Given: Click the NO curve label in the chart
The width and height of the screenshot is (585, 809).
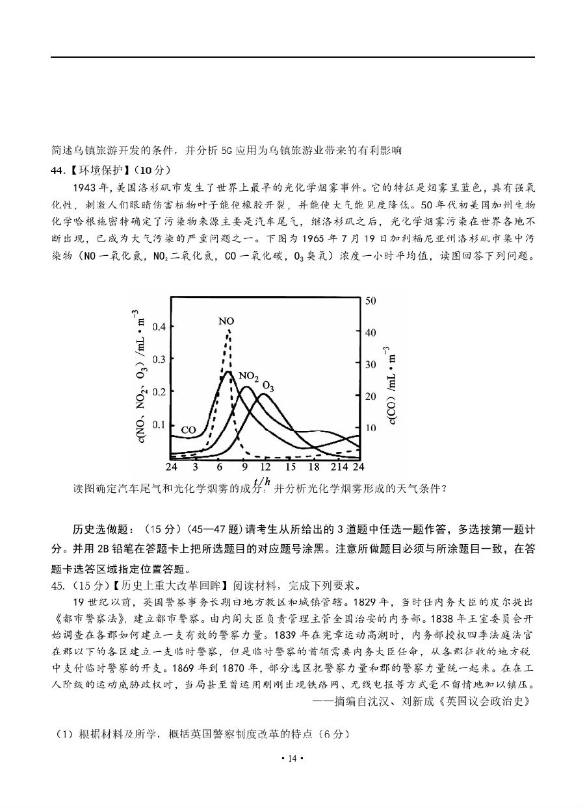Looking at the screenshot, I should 226,321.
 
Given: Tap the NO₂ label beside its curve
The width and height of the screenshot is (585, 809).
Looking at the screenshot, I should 248,376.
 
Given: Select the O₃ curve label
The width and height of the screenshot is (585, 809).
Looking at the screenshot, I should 268,386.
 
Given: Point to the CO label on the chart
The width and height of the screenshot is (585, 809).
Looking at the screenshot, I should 188,430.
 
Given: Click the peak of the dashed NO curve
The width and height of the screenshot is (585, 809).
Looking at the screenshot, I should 228,330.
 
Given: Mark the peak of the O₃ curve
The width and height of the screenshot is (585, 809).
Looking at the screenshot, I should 259,393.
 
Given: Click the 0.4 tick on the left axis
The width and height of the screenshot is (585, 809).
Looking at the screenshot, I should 159,327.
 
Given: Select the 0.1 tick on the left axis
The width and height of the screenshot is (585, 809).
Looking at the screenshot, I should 159,425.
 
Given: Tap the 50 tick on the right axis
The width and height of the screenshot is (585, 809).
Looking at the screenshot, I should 371,301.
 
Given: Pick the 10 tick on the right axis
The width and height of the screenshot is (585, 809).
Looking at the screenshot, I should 371,429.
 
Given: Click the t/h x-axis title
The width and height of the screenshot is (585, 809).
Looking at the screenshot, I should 263,482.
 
